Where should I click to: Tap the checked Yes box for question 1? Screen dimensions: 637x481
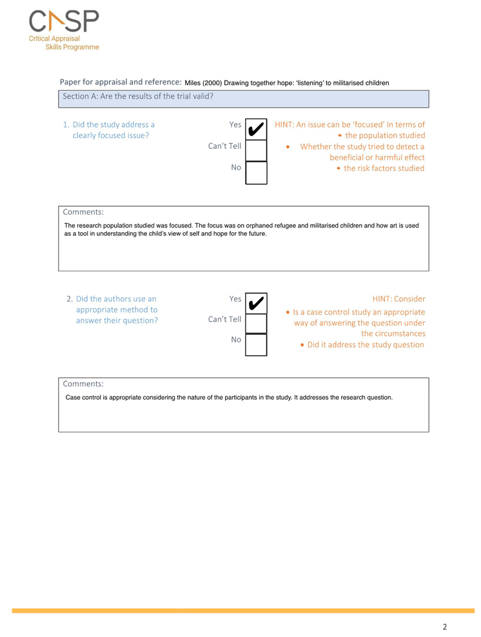[x=256, y=128]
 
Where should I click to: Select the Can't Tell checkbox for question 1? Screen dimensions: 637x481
[x=256, y=150]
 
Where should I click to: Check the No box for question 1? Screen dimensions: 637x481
[x=256, y=172]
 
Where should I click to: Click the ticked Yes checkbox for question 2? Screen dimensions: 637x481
[x=256, y=302]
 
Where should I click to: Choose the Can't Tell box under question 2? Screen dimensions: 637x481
[x=256, y=323]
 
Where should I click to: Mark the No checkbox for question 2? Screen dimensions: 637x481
[x=256, y=344]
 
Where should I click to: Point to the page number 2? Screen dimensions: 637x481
[x=444, y=626]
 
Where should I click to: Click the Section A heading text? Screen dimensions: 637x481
[x=138, y=96]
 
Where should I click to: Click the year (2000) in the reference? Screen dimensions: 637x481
[x=213, y=83]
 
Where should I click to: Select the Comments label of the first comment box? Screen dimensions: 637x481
[x=83, y=211]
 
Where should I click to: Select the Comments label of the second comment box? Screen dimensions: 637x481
[x=83, y=384]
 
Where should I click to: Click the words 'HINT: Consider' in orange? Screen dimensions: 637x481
[x=398, y=299]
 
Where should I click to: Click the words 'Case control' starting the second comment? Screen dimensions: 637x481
[x=83, y=398]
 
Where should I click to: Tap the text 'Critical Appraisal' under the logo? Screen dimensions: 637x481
[x=54, y=39]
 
